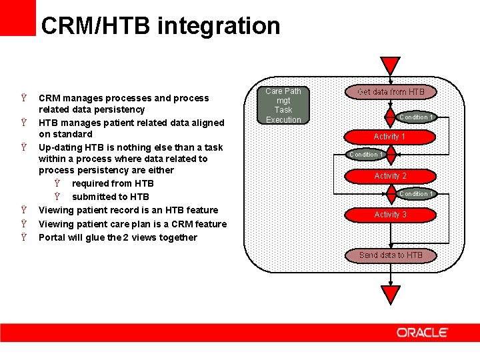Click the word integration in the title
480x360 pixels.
coord(220,26)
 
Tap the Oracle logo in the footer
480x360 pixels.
coord(422,332)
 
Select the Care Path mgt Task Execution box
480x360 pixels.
coord(283,105)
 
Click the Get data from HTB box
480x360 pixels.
coord(391,91)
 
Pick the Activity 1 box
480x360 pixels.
coord(390,136)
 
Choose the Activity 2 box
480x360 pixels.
coord(390,175)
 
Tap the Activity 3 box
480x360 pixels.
coord(390,214)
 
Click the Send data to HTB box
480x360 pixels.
coord(391,255)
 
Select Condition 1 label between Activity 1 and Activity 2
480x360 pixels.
coord(365,155)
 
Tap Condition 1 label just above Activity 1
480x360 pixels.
coord(416,117)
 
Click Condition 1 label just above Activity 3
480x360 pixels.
coord(416,194)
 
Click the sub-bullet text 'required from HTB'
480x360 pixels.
coord(113,183)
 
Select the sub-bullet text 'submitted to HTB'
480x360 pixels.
coord(110,197)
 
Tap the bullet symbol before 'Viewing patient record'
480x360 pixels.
coord(24,210)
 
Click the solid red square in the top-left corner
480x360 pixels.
coord(17,17)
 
